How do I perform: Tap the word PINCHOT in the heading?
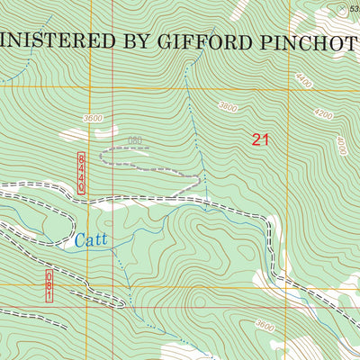coord(311,41)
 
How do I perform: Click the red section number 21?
coord(261,139)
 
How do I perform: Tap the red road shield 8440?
coord(80,171)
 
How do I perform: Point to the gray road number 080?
coord(135,140)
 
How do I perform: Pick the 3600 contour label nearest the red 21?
coord(228,107)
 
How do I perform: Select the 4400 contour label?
coord(303,82)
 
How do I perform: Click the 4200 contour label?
coord(325,115)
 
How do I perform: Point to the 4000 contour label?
coord(340,143)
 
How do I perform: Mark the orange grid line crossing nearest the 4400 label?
coord(289,88)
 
